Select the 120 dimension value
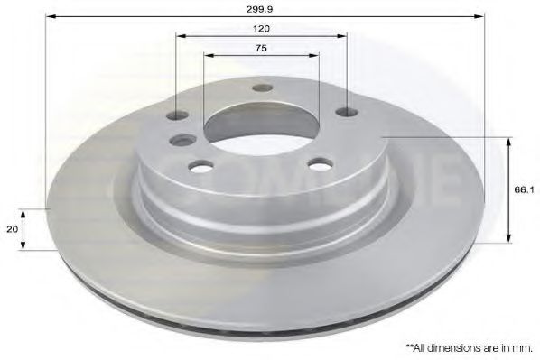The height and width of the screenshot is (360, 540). point(262,28)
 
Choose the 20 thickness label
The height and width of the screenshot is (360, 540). point(12,229)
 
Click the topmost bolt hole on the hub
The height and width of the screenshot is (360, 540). point(262,88)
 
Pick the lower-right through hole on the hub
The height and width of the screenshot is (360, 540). point(317,164)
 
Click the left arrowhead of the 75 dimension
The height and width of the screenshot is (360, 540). point(208,56)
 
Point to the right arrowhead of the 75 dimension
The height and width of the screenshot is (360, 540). point(315,56)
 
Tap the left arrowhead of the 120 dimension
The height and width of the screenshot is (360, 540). point(180,36)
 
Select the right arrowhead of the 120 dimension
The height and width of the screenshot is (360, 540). point(343,36)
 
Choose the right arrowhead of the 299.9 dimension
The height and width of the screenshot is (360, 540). point(481,16)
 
